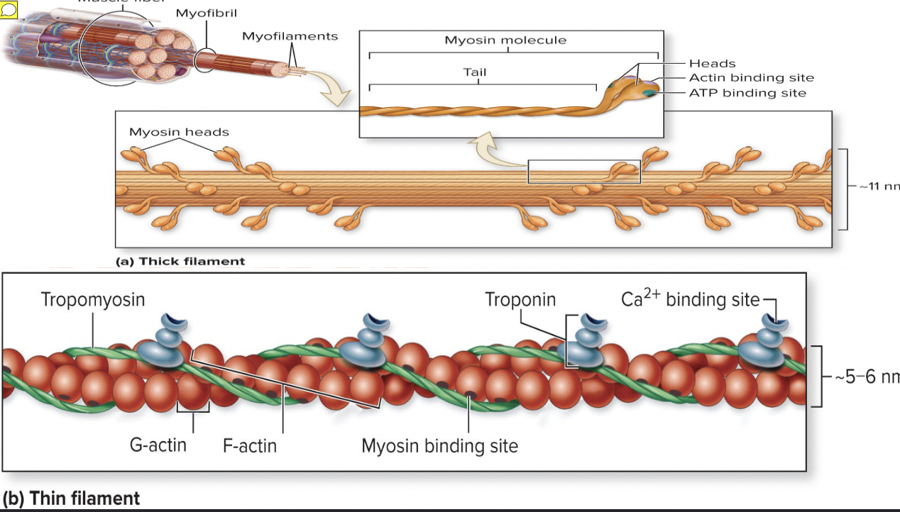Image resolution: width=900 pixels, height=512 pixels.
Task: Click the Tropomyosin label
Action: tap(93, 299)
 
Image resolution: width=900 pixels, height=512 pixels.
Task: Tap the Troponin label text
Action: tap(520, 299)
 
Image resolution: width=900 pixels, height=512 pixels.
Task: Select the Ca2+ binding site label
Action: tap(690, 299)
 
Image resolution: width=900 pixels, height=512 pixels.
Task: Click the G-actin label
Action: tap(158, 445)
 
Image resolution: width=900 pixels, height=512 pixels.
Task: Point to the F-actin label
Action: tap(249, 446)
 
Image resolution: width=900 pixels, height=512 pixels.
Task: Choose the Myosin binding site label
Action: tap(439, 446)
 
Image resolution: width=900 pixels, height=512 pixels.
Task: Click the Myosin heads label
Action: tap(179, 132)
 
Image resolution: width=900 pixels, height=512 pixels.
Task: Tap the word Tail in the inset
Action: tap(475, 72)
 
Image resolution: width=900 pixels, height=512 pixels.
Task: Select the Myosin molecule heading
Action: tap(505, 40)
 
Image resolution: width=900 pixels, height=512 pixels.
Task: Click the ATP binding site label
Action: tap(747, 93)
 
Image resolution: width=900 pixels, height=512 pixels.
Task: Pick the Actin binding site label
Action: tap(751, 78)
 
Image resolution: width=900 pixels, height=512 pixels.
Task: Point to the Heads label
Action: tap(712, 64)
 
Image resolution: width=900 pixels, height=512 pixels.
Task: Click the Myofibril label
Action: tap(206, 13)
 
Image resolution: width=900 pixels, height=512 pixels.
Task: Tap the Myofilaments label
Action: tap(290, 36)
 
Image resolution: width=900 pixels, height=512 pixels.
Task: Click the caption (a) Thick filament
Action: tap(181, 262)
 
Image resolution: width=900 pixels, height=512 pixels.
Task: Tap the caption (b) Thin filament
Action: tap(71, 499)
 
